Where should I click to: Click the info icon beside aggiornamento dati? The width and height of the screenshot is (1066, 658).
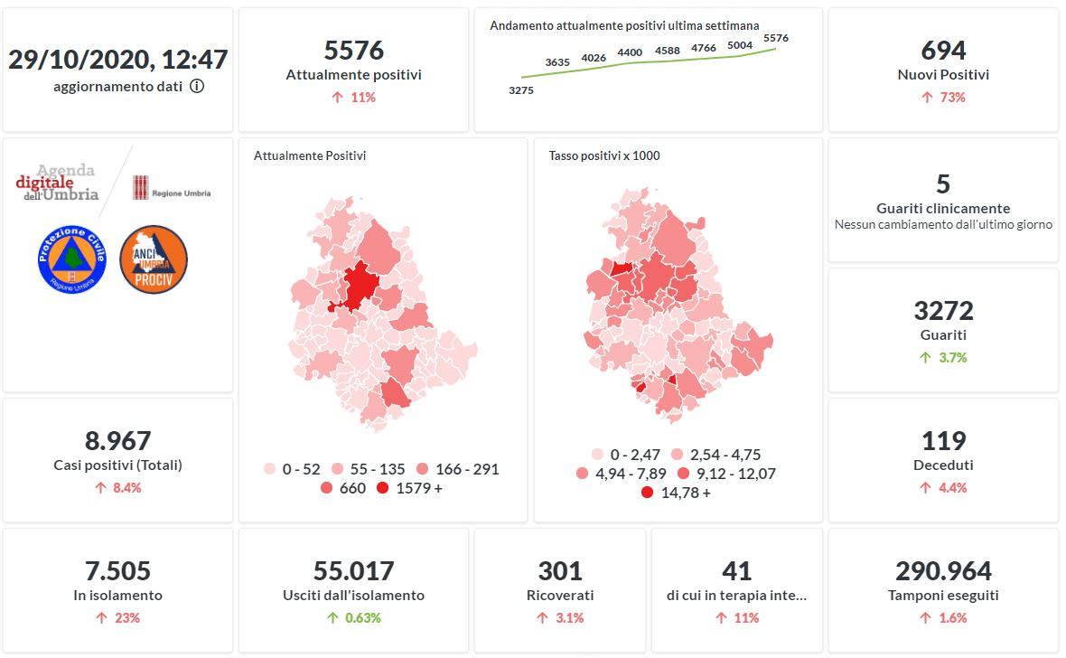197,87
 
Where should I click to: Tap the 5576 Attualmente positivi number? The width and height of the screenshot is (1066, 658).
353,50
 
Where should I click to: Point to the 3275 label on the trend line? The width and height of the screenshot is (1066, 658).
521,90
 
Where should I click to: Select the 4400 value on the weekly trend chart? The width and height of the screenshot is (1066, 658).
630,53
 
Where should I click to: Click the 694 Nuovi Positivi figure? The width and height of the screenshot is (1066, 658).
943,50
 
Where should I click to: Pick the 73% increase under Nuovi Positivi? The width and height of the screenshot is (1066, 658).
943,97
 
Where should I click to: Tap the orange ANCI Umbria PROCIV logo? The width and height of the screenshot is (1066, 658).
154,259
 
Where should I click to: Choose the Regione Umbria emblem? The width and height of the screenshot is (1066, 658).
141,187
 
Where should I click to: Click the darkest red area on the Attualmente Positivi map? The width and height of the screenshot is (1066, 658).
360,285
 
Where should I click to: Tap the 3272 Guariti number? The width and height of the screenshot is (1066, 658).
943,311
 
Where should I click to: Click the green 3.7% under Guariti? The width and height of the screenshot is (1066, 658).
943,357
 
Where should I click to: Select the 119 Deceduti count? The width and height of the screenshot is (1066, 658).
943,441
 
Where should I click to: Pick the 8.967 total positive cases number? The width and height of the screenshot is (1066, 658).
117,441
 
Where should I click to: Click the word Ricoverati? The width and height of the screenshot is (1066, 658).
560,596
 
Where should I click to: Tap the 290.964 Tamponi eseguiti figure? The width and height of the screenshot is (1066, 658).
943,571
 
